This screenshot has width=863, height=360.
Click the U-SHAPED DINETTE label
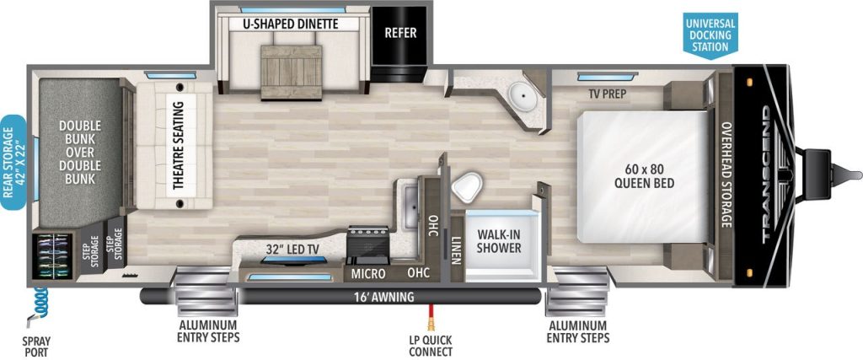point(290,24)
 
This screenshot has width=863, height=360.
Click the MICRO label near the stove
point(368,274)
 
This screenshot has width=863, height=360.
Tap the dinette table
point(291,65)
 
